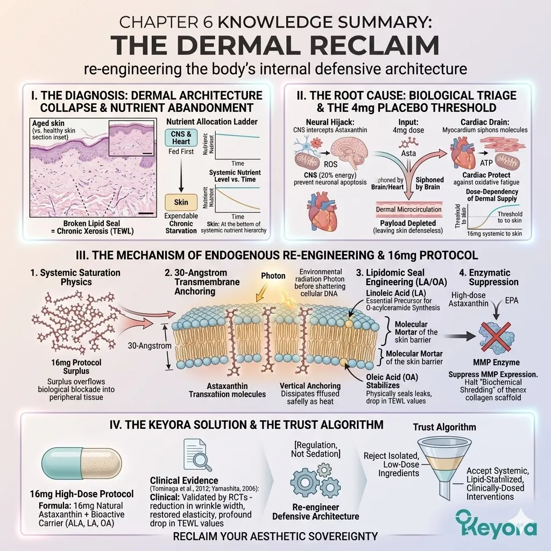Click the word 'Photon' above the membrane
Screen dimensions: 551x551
(273, 275)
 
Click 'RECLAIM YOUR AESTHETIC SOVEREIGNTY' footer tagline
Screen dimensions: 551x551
(275, 536)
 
